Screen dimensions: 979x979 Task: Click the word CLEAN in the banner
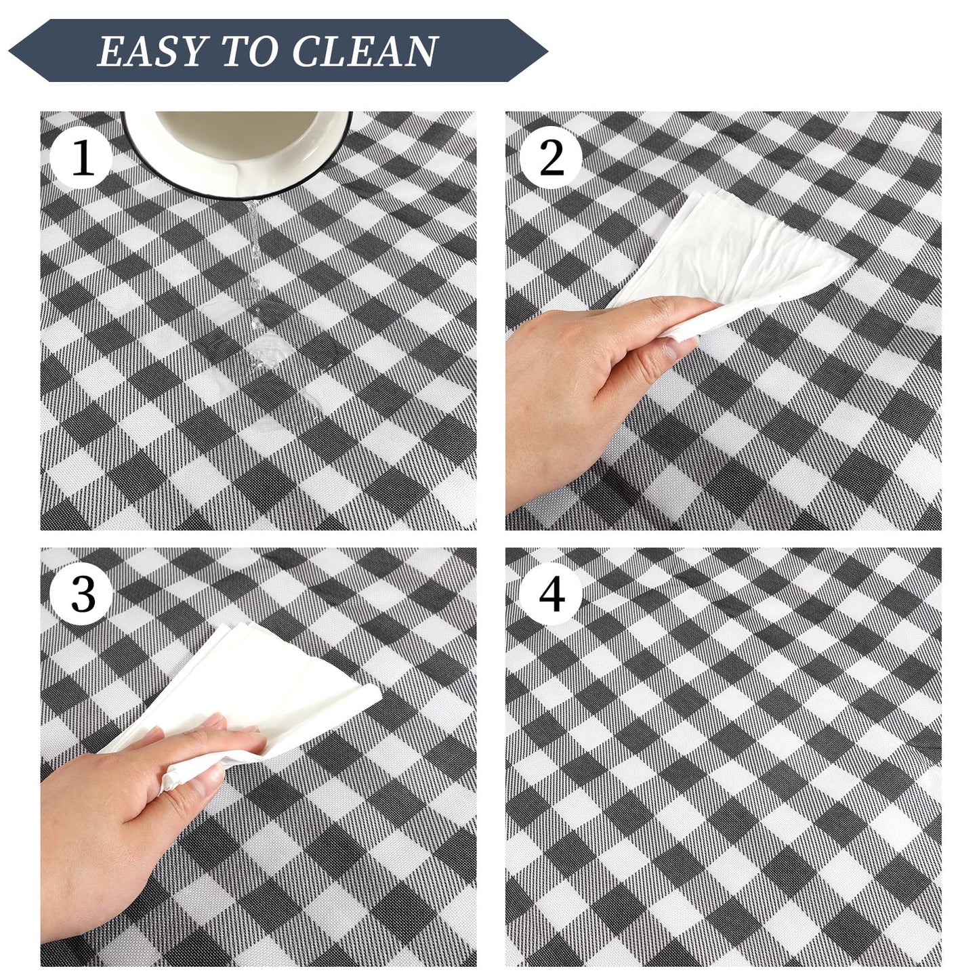(x=364, y=51)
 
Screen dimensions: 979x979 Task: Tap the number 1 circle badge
(x=82, y=158)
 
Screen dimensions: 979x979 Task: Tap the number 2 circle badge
(x=551, y=158)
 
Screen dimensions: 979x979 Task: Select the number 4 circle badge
(x=551, y=594)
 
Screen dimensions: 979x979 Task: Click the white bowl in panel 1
(x=237, y=152)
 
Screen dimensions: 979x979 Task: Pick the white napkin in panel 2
(x=726, y=254)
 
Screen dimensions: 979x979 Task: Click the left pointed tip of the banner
(x=9, y=51)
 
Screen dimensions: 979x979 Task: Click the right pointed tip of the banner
(x=547, y=51)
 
